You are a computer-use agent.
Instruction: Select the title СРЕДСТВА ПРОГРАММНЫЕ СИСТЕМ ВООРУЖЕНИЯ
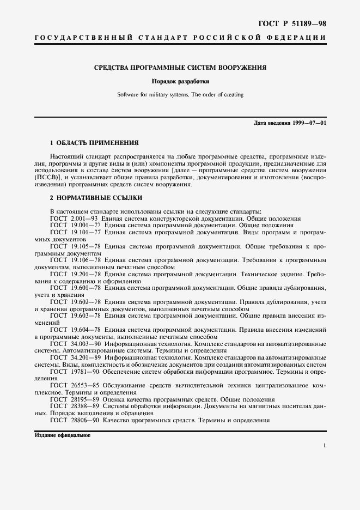coord(180,68)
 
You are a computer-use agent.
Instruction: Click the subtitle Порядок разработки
coord(180,82)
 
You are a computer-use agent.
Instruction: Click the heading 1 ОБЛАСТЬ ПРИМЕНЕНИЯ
coord(94,142)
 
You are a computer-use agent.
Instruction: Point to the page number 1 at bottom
coord(324,446)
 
